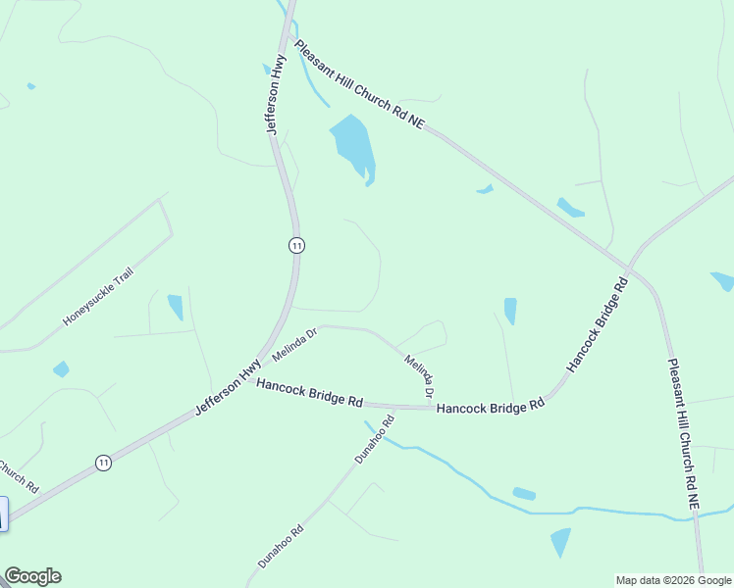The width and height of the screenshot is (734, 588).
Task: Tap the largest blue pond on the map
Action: pyautogui.click(x=353, y=144)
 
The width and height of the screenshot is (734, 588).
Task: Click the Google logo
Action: pyautogui.click(x=32, y=576)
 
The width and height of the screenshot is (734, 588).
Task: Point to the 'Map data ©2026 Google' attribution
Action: pyautogui.click(x=672, y=580)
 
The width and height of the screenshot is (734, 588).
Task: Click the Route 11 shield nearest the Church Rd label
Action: pyautogui.click(x=103, y=462)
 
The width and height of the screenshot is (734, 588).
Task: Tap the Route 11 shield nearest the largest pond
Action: pyautogui.click(x=296, y=245)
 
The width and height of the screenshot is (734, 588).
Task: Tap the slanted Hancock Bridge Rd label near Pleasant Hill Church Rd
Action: pyautogui.click(x=596, y=324)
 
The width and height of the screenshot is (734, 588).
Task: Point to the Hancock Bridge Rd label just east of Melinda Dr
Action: pyautogui.click(x=490, y=406)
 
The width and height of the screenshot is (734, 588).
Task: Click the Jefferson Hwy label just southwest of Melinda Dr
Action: pyautogui.click(x=228, y=386)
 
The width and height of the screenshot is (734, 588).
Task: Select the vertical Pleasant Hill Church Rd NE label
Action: pyautogui.click(x=684, y=432)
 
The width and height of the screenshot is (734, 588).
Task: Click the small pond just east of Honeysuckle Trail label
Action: pyautogui.click(x=176, y=307)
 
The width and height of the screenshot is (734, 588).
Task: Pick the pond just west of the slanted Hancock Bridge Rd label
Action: pyautogui.click(x=510, y=311)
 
